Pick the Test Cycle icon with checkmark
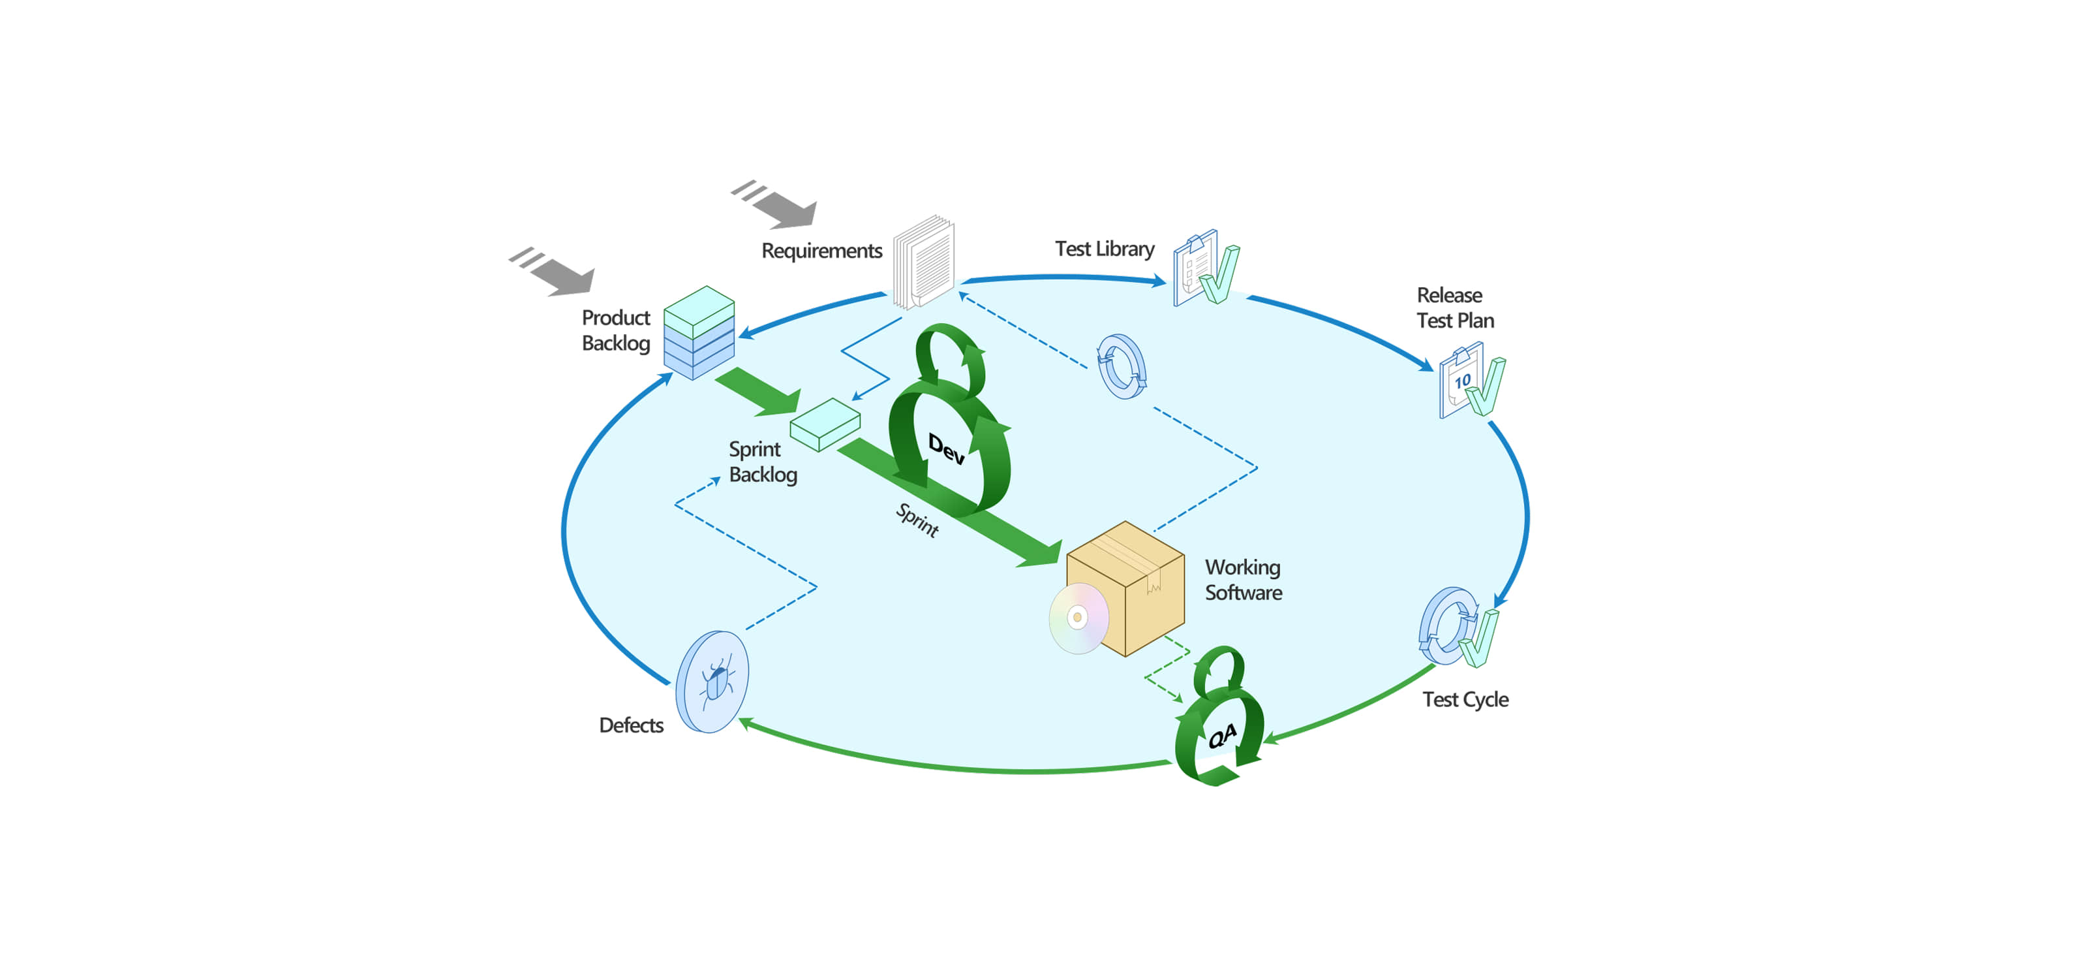point(1457,627)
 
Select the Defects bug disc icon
point(712,681)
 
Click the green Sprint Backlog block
point(825,424)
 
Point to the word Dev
point(947,448)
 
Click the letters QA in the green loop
point(1223,736)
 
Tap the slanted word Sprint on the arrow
point(917,520)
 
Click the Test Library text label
point(1104,249)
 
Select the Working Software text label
point(1243,580)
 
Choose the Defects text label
point(632,725)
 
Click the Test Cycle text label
point(1465,699)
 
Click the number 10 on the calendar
point(1463,381)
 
